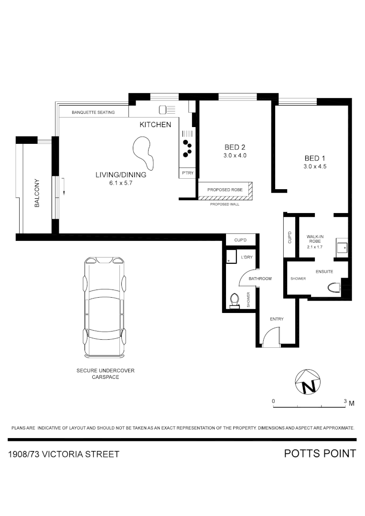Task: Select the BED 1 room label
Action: (x=315, y=158)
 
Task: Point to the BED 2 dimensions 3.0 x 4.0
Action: (x=235, y=156)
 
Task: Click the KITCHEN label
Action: (x=155, y=125)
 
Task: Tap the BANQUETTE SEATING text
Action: (x=93, y=112)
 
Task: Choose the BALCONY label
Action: (x=37, y=193)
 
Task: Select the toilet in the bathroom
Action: (x=234, y=300)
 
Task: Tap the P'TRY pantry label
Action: (x=188, y=173)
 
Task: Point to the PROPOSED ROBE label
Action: (x=225, y=190)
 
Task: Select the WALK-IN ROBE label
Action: (x=314, y=239)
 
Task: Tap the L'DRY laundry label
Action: (x=247, y=258)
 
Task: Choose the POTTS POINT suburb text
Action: (x=320, y=453)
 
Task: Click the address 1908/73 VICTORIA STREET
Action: (x=64, y=454)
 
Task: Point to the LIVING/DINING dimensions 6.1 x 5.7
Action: (x=121, y=183)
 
